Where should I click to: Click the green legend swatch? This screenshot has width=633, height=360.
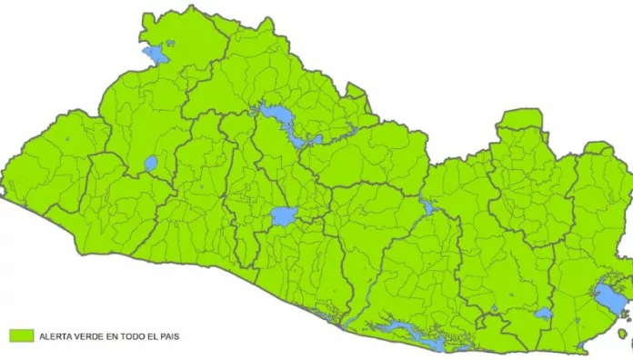click(20, 335)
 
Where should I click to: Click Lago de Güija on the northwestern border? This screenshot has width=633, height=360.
click(156, 55)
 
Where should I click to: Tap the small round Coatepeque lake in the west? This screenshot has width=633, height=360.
click(150, 165)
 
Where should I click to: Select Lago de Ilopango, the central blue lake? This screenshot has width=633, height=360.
click(283, 216)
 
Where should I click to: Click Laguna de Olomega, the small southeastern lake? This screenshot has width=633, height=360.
click(543, 314)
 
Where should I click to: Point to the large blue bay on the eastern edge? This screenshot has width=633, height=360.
click(607, 296)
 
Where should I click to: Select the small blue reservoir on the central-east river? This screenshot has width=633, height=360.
click(427, 207)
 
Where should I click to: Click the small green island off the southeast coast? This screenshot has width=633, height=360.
click(623, 334)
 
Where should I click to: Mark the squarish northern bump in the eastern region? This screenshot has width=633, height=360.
click(518, 119)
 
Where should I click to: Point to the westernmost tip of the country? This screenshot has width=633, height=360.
click(3, 192)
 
